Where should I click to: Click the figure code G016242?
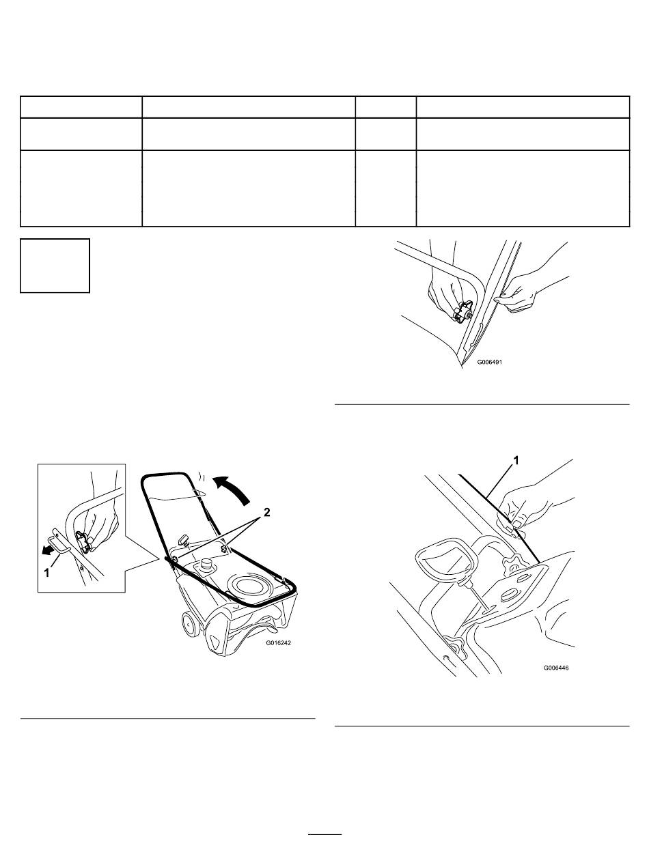pos(278,643)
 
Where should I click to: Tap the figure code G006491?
pos(489,362)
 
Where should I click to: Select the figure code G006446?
pos(556,668)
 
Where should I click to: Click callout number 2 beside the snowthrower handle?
pos(266,513)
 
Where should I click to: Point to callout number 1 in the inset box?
pos(46,573)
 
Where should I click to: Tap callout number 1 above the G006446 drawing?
pos(516,461)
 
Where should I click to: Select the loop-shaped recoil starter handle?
pos(446,560)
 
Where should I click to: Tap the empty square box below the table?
pos(55,266)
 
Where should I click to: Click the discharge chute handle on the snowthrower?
pos(184,539)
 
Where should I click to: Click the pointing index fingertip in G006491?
pos(498,300)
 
